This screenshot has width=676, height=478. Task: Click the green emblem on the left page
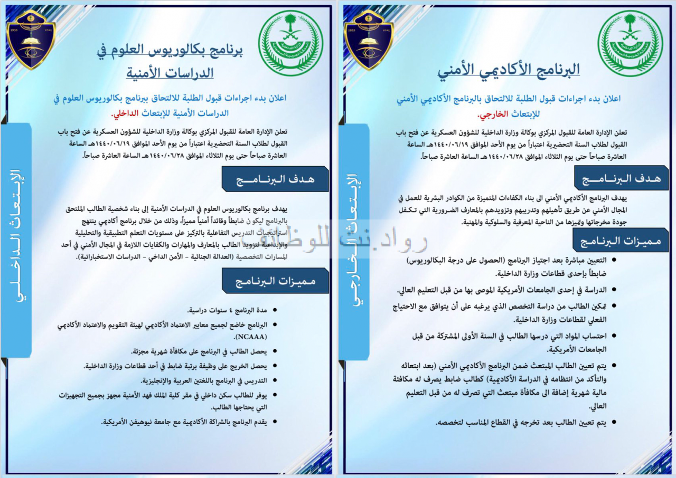coord(290,43)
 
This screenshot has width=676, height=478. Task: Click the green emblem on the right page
coord(630,43)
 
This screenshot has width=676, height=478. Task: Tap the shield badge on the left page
coord(31,39)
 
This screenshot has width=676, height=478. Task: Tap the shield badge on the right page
coord(369,39)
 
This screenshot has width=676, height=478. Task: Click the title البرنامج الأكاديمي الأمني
coord(508,70)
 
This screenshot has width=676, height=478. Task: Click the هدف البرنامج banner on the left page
coord(275,179)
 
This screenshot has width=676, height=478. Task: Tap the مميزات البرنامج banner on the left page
coord(275,281)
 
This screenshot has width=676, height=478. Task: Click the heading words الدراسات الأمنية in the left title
coord(170,72)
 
